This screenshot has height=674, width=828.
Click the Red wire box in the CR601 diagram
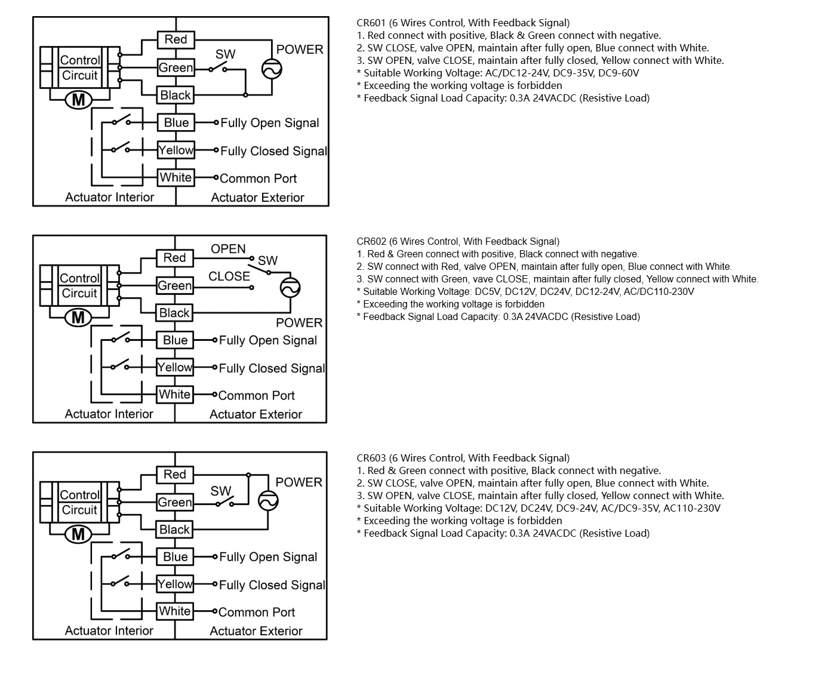click(176, 39)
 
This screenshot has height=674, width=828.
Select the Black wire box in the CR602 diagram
click(174, 313)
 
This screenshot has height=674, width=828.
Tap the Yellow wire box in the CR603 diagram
click(175, 584)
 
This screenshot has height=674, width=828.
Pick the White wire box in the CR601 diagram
click(176, 177)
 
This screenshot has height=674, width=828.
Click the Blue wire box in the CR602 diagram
click(175, 340)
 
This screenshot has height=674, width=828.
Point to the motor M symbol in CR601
click(78, 100)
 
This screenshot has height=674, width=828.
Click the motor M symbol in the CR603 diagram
click(78, 534)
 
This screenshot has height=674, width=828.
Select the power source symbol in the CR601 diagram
click(272, 69)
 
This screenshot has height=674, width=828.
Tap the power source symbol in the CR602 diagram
click(291, 288)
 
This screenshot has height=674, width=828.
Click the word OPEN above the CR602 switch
click(228, 249)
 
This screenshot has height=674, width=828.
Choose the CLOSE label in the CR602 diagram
click(229, 276)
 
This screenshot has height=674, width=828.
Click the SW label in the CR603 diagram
click(221, 491)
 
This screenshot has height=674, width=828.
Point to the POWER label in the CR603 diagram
click(298, 482)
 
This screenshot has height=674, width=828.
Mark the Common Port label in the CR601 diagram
click(258, 178)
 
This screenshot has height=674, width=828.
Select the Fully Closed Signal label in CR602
click(272, 368)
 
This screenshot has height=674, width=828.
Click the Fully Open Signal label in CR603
click(268, 557)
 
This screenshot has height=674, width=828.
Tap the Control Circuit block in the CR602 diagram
click(79, 286)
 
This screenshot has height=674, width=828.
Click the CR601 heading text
click(463, 23)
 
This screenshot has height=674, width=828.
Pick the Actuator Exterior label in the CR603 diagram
click(256, 631)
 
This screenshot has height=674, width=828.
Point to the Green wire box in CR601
click(176, 67)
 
